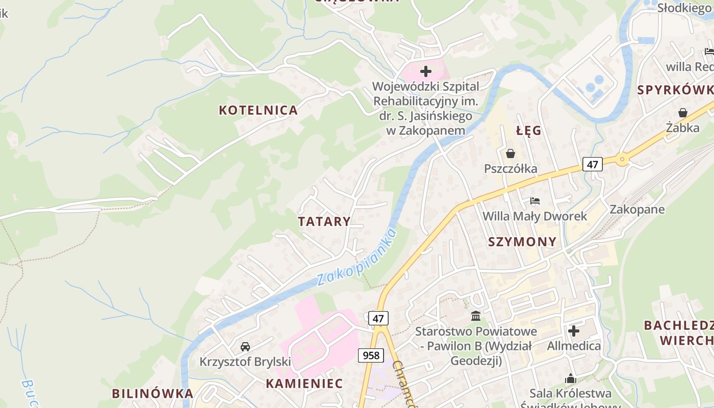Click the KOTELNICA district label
coord(258,110)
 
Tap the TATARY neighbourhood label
coord(324,221)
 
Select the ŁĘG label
coord(528,131)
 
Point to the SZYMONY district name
coord(522,242)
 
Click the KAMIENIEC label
coord(304,384)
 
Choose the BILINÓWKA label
coord(152,394)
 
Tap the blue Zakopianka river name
coord(356,258)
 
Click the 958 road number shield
coord(371,355)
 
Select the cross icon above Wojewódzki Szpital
coord(425,71)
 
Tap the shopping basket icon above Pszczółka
coord(510,153)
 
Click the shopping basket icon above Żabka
coord(683,112)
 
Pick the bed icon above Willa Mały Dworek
coord(534,200)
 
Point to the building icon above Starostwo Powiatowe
coord(476,316)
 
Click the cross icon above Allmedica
coord(574,331)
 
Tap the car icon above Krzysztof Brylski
coord(245,347)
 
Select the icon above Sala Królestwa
coord(570,378)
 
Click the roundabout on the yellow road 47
coord(622,160)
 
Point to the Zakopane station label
coord(637,210)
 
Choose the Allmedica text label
coord(574,346)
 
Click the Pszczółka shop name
coord(511,169)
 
